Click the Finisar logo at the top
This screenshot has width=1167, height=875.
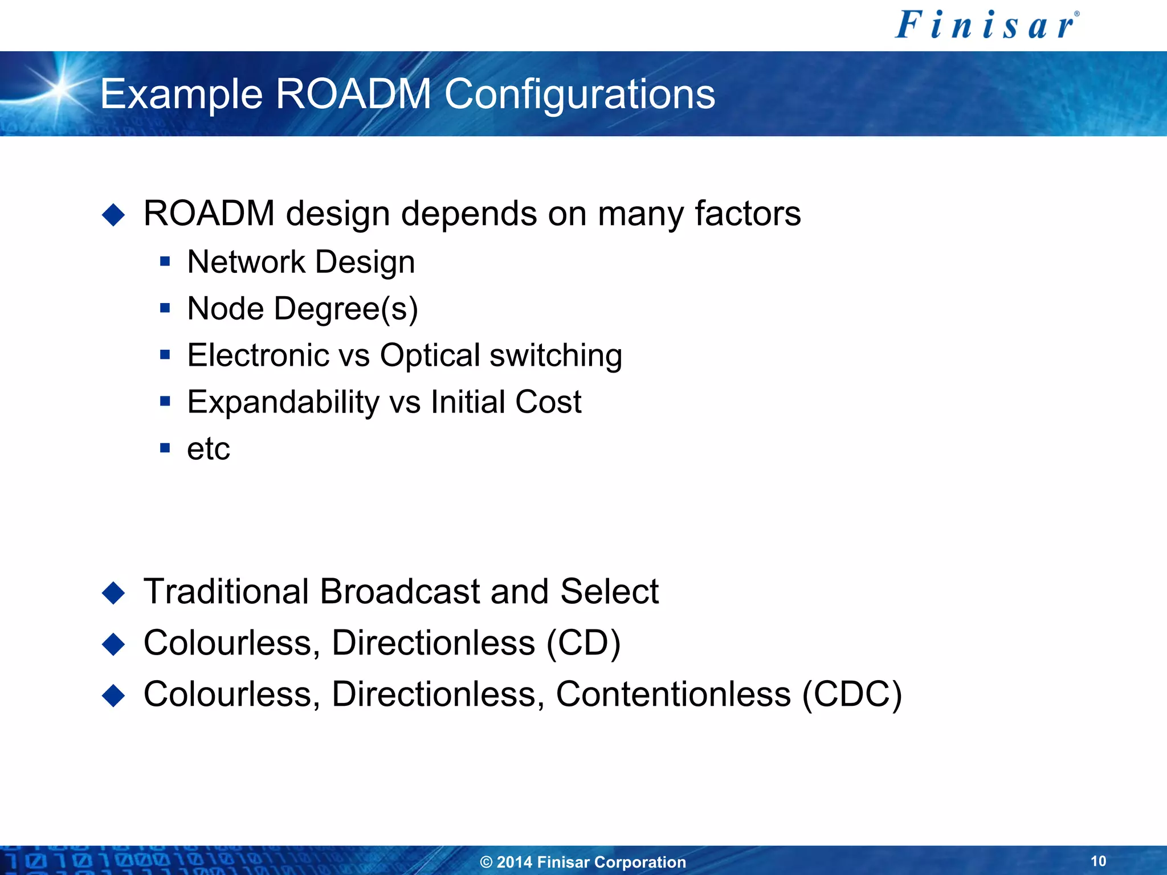tap(986, 26)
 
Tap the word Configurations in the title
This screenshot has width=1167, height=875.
tap(579, 95)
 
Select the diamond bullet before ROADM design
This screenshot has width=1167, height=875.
tap(113, 215)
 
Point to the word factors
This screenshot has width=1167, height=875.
tap(748, 214)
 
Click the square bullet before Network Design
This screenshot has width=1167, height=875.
tap(165, 261)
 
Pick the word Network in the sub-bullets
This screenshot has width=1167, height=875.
tap(246, 262)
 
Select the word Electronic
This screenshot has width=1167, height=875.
tap(258, 355)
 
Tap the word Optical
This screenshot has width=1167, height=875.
tap(430, 355)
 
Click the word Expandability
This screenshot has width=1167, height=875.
tap(283, 403)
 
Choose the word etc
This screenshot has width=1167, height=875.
tap(209, 449)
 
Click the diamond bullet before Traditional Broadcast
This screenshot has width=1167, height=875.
tap(113, 592)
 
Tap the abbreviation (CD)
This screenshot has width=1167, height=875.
tap(583, 643)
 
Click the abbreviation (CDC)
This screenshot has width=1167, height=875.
tap(852, 694)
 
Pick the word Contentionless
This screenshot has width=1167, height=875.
tap(674, 694)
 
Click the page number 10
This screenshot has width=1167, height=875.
tap(1098, 861)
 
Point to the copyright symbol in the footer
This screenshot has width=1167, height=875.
tap(486, 862)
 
